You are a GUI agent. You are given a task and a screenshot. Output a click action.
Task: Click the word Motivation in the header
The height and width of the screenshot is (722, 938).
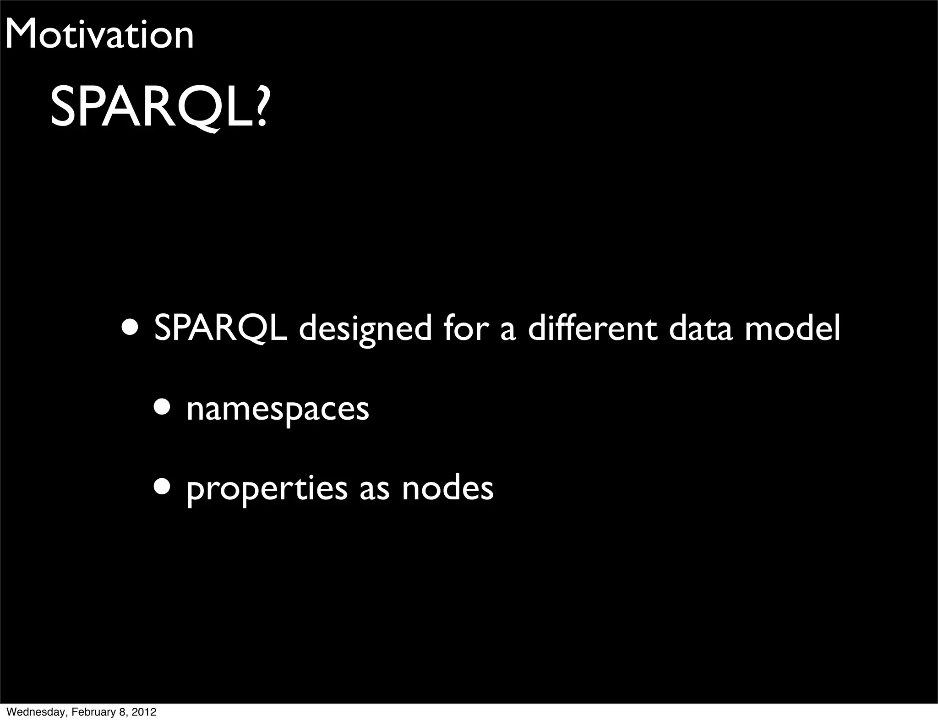click(x=99, y=34)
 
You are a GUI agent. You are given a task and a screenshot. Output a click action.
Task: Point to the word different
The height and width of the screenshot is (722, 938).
click(x=592, y=328)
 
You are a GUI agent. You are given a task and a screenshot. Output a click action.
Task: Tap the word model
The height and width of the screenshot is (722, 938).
click(x=792, y=328)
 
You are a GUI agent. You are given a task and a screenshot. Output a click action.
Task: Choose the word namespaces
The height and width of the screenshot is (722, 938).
click(x=278, y=409)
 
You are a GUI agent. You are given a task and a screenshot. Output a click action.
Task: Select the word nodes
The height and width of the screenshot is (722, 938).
click(x=447, y=488)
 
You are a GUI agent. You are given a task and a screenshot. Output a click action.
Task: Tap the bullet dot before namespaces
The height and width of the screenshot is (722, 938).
click(x=163, y=407)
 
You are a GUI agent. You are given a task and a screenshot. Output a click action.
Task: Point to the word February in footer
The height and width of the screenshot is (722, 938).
click(x=89, y=712)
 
